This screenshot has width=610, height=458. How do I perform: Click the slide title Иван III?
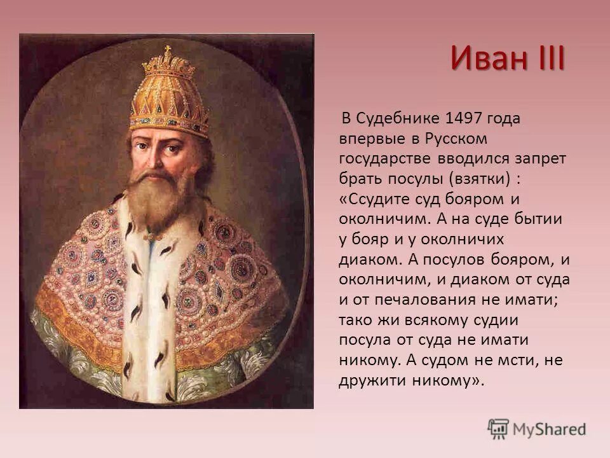tap(508, 59)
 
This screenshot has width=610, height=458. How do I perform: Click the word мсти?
tap(520, 359)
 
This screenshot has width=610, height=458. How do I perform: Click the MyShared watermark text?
tap(550, 429)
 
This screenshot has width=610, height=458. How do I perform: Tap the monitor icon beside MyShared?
tap(498, 428)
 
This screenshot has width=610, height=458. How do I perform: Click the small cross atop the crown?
tap(168, 50)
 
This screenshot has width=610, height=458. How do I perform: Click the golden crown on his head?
tap(169, 95)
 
